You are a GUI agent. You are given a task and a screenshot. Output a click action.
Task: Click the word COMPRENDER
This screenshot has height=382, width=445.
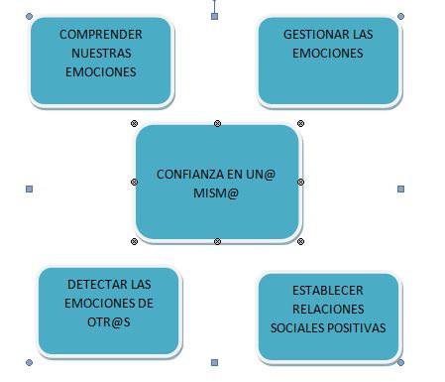101,35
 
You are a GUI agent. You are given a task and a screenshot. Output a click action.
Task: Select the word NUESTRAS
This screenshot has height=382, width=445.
101,54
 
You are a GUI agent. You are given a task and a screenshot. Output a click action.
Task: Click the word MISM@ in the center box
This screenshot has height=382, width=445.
216,193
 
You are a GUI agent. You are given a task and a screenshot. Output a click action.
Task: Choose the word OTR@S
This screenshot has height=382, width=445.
109,322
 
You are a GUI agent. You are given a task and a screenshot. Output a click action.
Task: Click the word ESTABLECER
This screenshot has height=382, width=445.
328,291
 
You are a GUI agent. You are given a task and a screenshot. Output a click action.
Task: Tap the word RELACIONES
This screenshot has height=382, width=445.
328,310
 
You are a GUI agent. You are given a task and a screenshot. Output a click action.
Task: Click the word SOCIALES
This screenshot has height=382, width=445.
298,328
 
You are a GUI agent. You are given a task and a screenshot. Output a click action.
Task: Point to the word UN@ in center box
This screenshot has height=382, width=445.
261,175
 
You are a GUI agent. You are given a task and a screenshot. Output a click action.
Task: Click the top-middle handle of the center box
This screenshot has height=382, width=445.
217,124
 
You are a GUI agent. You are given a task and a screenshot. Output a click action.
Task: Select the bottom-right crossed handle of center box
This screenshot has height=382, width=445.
300,242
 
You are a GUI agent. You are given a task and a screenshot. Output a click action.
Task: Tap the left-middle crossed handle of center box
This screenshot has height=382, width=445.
134,182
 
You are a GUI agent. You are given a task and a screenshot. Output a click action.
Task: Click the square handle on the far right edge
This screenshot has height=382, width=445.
400,189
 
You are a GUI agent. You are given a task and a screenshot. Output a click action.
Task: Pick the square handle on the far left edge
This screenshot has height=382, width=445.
29,189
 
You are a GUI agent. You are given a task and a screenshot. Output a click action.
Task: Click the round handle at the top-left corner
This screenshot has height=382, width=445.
29,16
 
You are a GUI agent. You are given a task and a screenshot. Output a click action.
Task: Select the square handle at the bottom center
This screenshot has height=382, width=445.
214,363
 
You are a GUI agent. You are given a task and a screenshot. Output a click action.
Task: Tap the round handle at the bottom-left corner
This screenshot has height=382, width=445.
29,363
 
